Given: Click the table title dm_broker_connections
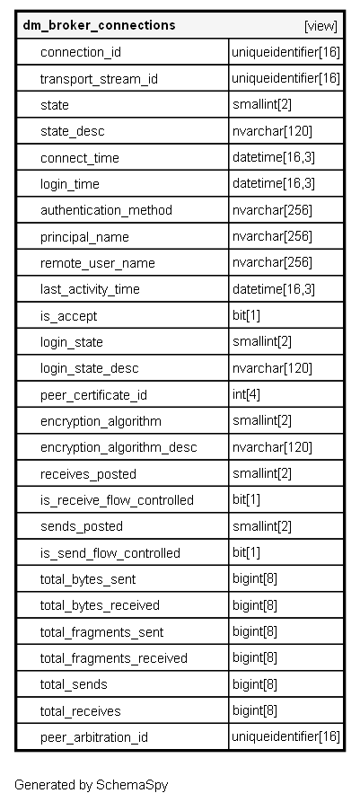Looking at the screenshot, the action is (x=100, y=25).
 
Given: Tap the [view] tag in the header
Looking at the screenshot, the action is (x=320, y=26).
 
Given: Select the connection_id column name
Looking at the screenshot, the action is (x=81, y=52).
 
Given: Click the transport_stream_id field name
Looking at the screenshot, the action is (x=100, y=79).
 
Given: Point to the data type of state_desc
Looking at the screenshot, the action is (x=272, y=131).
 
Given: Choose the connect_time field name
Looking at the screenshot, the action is (x=80, y=157).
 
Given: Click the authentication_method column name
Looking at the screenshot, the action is (x=106, y=210).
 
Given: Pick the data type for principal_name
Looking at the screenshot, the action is (x=272, y=236).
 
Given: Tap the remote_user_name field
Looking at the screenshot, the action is (x=98, y=263).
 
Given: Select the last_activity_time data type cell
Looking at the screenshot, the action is (x=274, y=289).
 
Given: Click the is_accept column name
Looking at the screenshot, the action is (x=68, y=316).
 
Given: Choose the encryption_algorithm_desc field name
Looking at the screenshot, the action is (x=119, y=447).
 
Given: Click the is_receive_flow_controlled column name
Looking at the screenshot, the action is (x=117, y=499).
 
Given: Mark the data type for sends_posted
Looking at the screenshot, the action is (x=262, y=525).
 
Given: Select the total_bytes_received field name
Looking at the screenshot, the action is (x=101, y=605).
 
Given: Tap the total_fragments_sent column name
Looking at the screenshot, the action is (x=101, y=632).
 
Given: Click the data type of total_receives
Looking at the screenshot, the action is (x=255, y=710).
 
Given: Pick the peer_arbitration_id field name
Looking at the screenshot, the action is (x=94, y=737).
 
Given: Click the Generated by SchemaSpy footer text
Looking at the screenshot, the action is (x=91, y=785).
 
